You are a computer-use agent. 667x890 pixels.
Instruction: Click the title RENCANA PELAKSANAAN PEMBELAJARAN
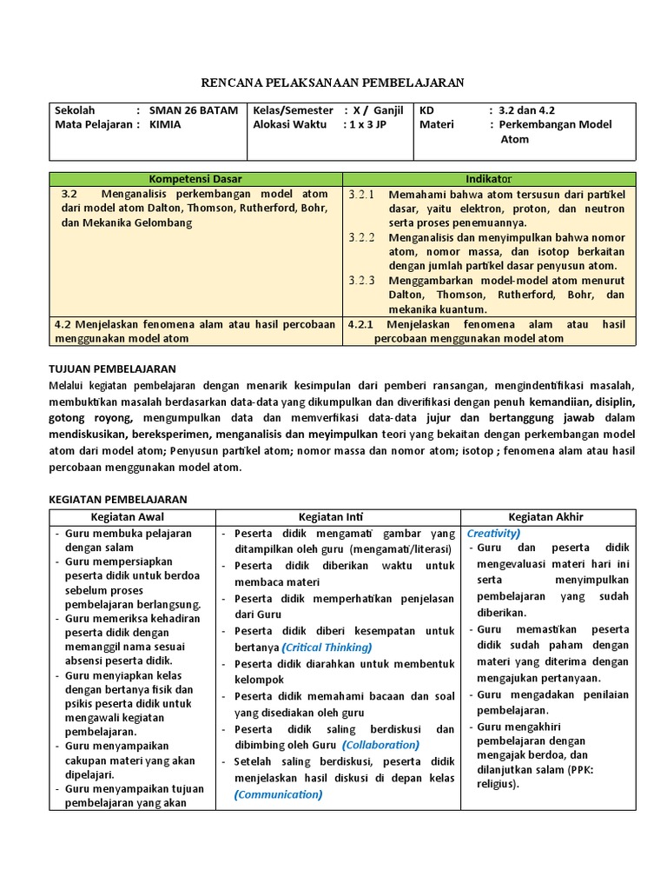coord(333,83)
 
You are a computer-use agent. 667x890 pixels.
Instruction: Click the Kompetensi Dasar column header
coord(195,178)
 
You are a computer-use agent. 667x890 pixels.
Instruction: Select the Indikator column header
coord(490,178)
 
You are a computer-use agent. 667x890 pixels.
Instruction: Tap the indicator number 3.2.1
coord(360,194)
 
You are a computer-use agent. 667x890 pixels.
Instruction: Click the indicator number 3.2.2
coord(360,236)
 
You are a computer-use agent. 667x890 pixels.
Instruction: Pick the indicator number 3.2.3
coord(360,280)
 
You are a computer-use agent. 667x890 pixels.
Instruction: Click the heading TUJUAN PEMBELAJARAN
coord(113,369)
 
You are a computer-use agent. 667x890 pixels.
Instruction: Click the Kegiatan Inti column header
coord(338,517)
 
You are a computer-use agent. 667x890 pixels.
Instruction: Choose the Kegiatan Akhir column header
coord(546,517)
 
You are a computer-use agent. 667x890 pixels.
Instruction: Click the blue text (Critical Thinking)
coord(327,648)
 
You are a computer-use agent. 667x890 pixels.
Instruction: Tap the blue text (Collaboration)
coord(380,745)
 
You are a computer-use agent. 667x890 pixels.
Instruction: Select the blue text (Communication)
coord(278,794)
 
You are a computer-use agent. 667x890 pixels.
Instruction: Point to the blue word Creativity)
coord(493,533)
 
